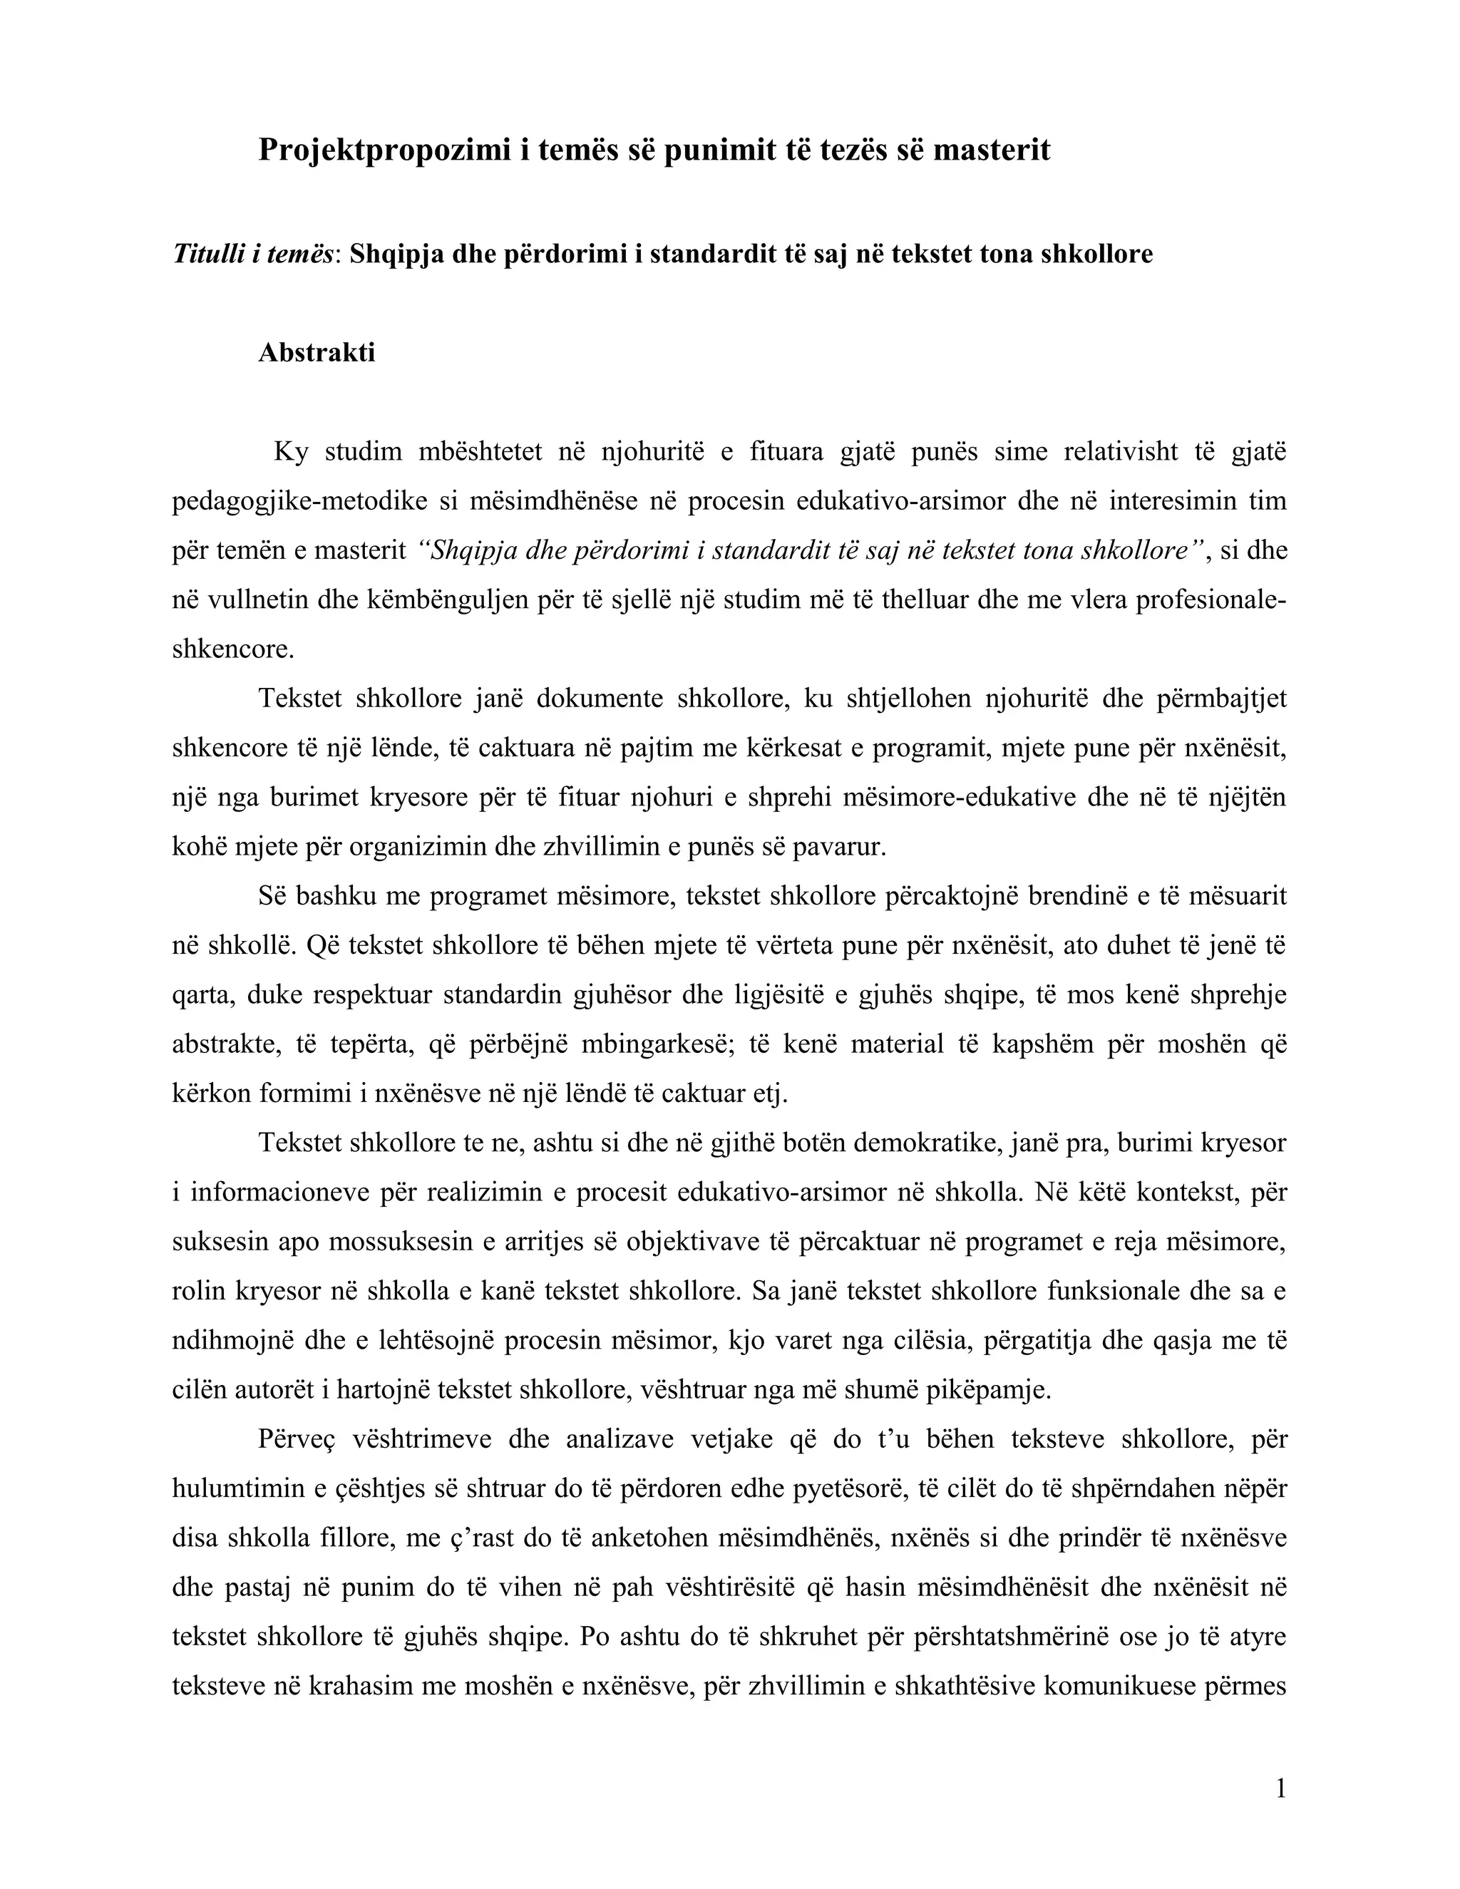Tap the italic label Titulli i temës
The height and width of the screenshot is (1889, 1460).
[x=252, y=254]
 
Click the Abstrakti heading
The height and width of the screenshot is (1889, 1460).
[x=317, y=353]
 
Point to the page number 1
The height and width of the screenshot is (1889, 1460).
[x=1281, y=1789]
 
